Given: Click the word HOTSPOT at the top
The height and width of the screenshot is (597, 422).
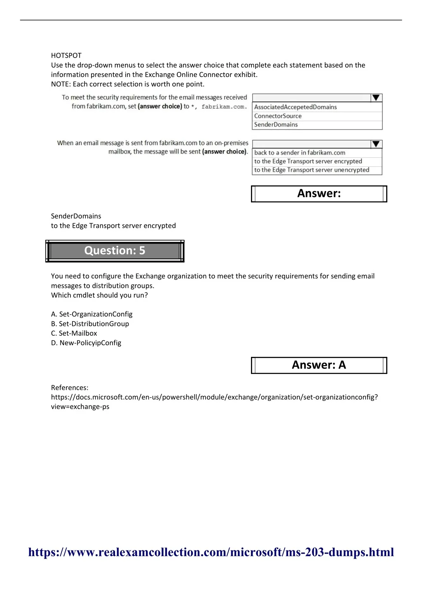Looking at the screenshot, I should coord(66,56).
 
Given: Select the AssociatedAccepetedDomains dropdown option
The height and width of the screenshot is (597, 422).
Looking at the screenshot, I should coord(295,107).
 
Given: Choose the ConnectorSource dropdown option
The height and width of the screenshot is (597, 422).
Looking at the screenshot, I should coord(278,116).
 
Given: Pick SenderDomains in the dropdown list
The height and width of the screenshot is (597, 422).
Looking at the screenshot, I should coord(276,125).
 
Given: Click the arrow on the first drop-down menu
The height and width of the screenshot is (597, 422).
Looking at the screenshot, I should coord(376,98).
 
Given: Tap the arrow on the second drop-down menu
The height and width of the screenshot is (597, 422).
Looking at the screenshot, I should coord(376,144).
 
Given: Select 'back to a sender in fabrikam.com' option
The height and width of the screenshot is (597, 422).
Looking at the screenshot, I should coord(300,153).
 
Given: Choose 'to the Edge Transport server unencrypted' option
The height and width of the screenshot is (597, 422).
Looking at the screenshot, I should coord(312,170).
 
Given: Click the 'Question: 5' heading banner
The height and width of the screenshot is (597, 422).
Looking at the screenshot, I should coord(115,251).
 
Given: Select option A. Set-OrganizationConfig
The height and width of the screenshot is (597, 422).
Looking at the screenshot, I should coord(92,314).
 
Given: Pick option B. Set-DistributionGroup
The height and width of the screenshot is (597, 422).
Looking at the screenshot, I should coord(90,324).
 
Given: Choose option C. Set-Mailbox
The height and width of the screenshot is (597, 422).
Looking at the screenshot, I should coord(74,333).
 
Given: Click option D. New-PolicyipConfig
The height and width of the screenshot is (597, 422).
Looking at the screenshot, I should coord(86,343).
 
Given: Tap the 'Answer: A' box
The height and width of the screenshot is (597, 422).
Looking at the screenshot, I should coord(319,365).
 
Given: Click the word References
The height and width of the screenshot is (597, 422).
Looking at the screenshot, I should coord(69,388).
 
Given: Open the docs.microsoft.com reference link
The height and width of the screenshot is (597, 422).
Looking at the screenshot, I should coord(214,397).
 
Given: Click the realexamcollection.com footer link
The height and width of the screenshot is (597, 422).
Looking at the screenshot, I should coord(211,553).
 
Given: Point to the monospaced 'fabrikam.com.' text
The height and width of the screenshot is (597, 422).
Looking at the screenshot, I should coord(224,107).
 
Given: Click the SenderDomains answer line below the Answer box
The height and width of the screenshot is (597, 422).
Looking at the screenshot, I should coord(76,216).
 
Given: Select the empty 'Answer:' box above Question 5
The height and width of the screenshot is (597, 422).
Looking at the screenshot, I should coord(319,194).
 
